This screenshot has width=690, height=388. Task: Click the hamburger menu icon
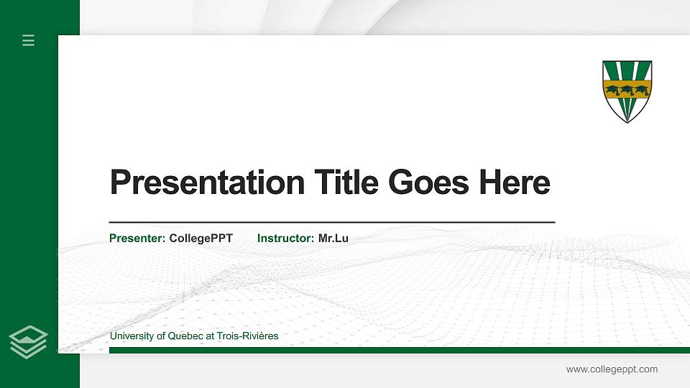coord(29,40)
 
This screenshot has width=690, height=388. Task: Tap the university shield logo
coord(627,91)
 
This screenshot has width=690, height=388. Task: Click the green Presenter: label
coord(137,238)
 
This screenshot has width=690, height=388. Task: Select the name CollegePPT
coord(201,238)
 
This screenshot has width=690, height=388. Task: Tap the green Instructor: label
coord(285,238)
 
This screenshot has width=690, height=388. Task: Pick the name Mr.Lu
coord(333,238)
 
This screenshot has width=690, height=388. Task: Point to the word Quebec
coord(182,336)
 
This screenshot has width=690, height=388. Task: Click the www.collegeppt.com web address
coord(612,369)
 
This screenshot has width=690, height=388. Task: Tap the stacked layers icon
coord(29,341)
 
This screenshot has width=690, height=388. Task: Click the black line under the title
coord(331,223)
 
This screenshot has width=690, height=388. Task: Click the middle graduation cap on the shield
coord(627,90)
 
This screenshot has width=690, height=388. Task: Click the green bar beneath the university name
coord(395,350)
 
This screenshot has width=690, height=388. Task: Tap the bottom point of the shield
coord(627,121)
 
